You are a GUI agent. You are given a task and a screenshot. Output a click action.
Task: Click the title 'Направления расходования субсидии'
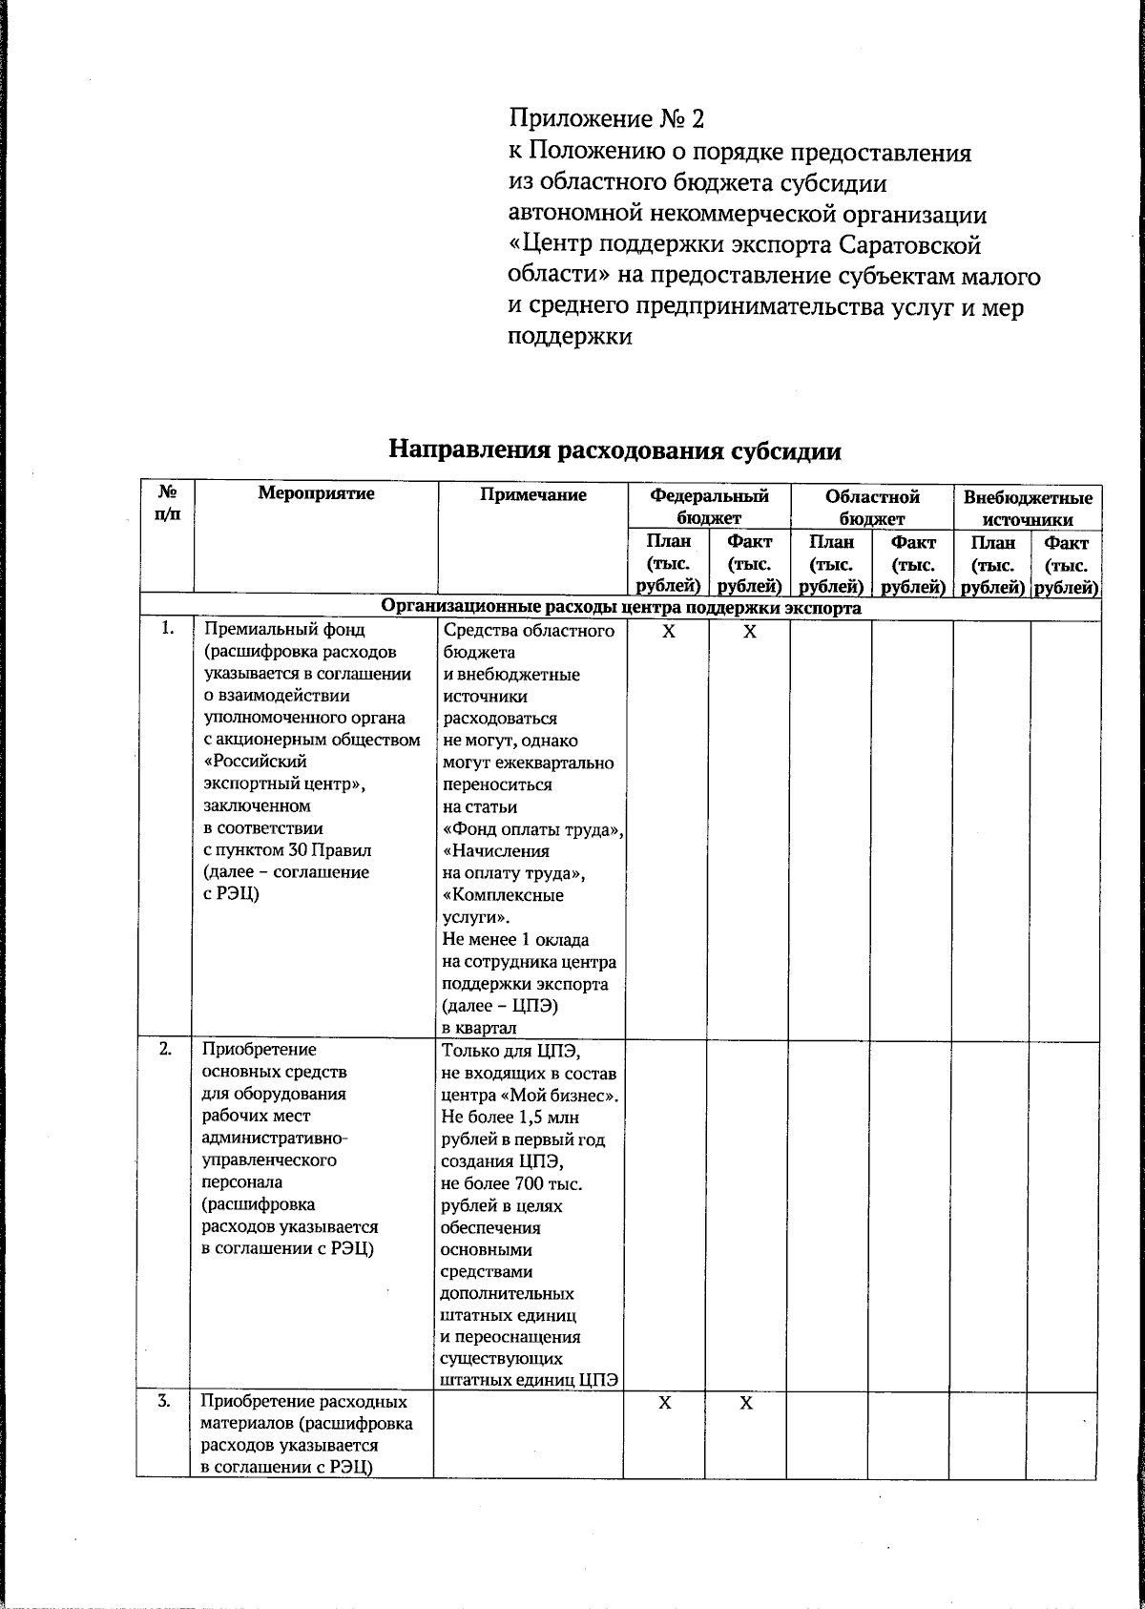click(614, 450)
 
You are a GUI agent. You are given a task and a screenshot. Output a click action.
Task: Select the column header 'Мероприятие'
click(316, 494)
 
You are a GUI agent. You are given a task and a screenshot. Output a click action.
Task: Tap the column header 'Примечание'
click(532, 494)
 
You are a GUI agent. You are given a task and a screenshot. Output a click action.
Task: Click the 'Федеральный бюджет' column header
click(708, 507)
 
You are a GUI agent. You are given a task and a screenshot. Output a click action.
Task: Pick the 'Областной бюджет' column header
click(871, 507)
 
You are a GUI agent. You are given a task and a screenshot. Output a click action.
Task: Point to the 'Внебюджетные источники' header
click(1027, 508)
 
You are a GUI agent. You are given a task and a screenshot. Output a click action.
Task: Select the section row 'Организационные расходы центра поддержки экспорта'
click(621, 608)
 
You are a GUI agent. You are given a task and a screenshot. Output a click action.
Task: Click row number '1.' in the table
click(168, 629)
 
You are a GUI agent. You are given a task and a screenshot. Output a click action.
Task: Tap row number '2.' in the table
click(166, 1049)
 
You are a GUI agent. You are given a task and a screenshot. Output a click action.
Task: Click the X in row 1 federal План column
click(668, 632)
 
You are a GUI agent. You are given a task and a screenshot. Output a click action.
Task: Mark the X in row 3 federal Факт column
click(746, 1403)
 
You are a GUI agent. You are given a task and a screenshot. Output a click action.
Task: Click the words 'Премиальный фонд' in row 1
click(284, 630)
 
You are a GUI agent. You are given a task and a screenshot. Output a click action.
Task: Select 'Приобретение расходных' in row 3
click(304, 1402)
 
